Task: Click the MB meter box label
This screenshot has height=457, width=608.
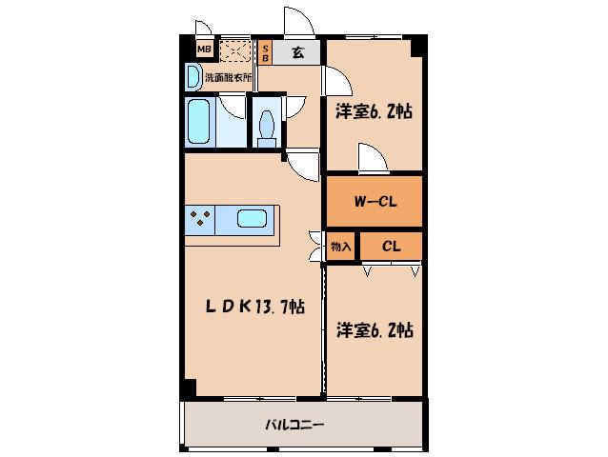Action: [204, 50]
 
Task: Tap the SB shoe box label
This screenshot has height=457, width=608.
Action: [266, 52]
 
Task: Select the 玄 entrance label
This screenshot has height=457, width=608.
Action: [297, 52]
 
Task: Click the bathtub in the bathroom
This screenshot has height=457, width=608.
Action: [198, 121]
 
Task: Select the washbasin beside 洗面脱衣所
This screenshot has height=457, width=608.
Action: [193, 77]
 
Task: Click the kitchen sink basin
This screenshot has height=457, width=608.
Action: [252, 219]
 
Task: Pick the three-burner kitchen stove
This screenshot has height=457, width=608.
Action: [200, 220]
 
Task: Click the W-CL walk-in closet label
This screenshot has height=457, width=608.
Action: [375, 202]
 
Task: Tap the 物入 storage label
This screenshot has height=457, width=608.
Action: [340, 247]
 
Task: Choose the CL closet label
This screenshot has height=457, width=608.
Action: [391, 247]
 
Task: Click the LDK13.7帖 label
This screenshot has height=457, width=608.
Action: [254, 307]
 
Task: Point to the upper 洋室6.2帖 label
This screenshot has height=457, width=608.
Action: [374, 112]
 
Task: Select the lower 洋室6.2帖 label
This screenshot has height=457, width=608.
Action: [375, 330]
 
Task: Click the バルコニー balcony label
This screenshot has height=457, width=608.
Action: [294, 425]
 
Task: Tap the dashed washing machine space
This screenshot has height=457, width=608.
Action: [235, 51]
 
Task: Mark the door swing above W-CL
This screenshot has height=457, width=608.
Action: [373, 157]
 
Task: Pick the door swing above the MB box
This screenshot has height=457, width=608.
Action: [203, 28]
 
